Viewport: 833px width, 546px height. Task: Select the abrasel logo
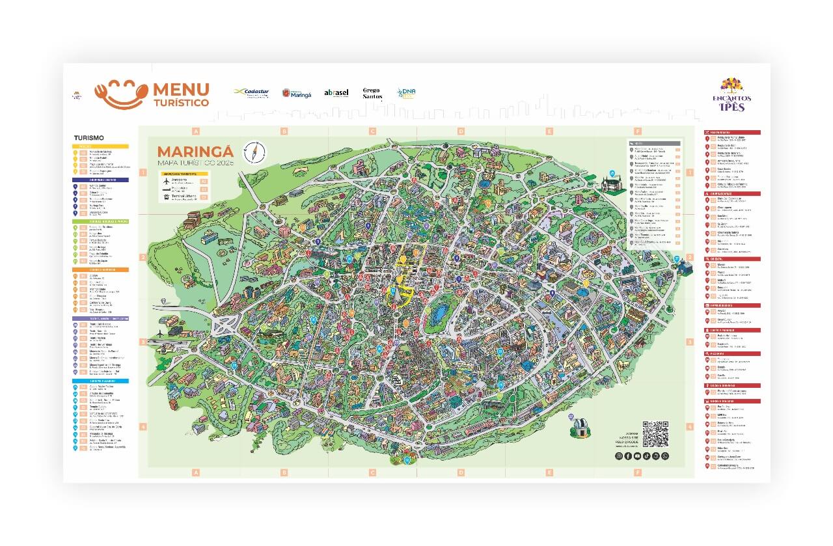(336, 93)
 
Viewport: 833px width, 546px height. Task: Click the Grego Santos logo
(372, 93)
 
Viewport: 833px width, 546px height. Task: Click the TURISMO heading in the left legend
(89, 138)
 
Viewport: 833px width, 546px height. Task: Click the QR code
(655, 434)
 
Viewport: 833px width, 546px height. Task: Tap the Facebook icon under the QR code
(628, 456)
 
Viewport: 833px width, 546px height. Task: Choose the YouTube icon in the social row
(638, 456)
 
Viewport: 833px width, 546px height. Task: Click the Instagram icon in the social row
(619, 456)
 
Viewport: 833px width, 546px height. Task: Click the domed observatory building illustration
(577, 428)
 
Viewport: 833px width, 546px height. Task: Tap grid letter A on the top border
(195, 131)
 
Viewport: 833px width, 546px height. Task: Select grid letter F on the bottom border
(638, 472)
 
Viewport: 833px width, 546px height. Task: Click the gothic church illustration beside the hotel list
(612, 185)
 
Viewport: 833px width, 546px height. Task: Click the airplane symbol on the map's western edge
(161, 333)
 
